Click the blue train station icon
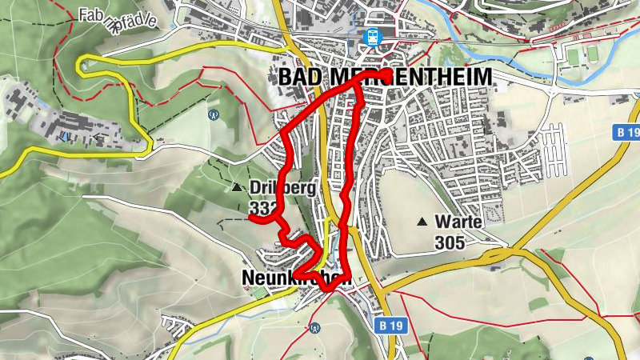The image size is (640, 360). [371, 36]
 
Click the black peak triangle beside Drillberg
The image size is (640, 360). [237, 189]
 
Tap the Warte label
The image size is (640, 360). [459, 221]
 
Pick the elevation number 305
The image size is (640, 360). [450, 240]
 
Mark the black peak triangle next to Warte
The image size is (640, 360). [422, 221]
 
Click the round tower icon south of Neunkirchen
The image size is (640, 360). [316, 328]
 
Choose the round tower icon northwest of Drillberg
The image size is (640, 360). [214, 114]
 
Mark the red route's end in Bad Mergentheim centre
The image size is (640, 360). [387, 74]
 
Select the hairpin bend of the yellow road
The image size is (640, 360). [83, 66]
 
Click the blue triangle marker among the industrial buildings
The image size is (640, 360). [63, 137]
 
